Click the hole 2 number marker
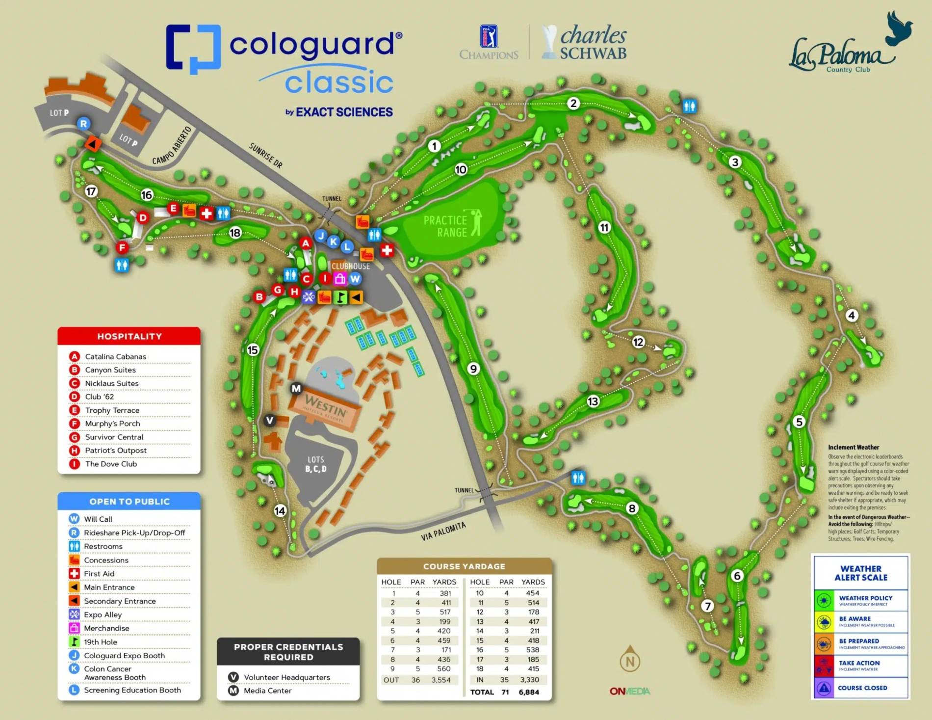point(573,104)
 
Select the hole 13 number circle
point(593,401)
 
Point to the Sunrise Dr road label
point(265,156)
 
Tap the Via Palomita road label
point(443,532)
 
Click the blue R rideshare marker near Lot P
point(83,124)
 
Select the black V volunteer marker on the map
point(270,420)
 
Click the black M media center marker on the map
point(296,389)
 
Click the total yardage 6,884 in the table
point(528,692)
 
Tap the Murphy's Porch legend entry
point(112,424)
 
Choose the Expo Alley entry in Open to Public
point(103,614)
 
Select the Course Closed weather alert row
point(861,688)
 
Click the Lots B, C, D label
point(315,464)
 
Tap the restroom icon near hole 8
point(578,478)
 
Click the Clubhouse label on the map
point(351,266)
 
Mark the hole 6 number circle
point(737,576)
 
